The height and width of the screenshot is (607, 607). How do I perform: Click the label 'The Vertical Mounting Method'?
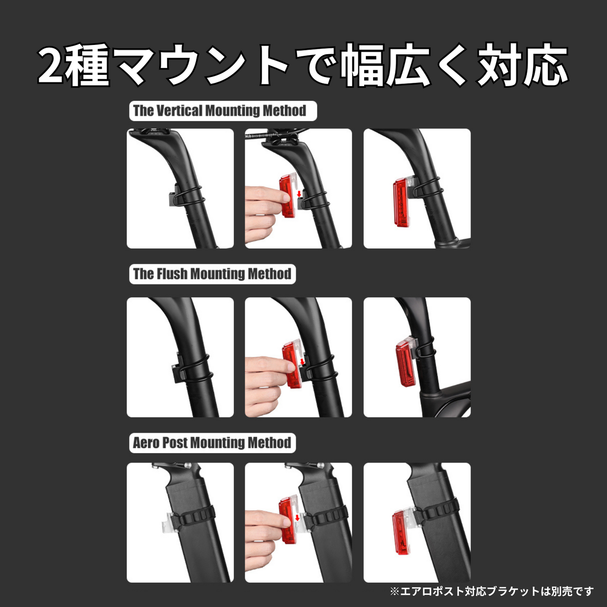coord(220,110)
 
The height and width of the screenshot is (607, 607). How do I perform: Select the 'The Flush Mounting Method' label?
coord(212,274)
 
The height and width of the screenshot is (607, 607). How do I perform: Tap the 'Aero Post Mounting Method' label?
coord(212,443)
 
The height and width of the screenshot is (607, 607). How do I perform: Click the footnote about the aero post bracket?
coord(491,591)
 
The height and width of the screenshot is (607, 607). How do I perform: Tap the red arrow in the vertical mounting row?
coord(299,193)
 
